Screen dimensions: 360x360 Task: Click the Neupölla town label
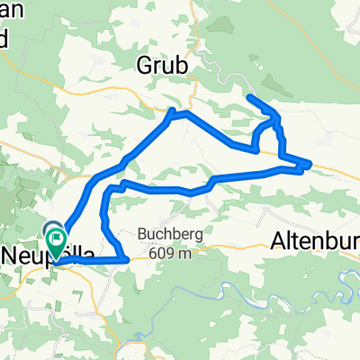pos(40,254)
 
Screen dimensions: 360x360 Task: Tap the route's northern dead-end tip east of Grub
pos(248,96)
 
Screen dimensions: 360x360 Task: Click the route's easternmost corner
pos(310,164)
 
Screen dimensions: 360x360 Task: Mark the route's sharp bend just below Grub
pos(173,112)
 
